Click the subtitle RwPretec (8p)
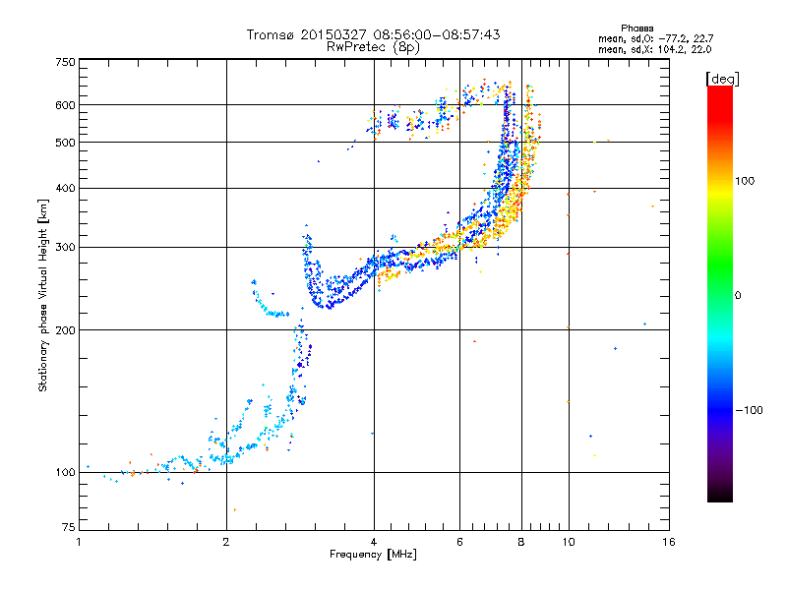[373, 47]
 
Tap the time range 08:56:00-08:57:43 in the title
[437, 34]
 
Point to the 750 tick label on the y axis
[66, 62]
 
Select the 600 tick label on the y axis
[66, 105]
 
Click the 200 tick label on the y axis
[66, 330]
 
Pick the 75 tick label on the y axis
[69, 527]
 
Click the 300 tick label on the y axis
[66, 248]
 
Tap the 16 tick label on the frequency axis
[669, 542]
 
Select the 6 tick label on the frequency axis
[459, 542]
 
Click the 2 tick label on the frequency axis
[226, 542]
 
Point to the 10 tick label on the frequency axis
[569, 542]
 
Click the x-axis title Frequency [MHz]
[373, 555]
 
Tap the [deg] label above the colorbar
[722, 79]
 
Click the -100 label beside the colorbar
[749, 410]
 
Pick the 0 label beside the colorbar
[738, 296]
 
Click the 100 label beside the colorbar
[745, 181]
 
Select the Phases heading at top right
[636, 29]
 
